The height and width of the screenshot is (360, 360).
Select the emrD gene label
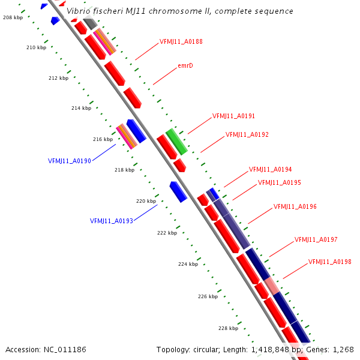[185, 65]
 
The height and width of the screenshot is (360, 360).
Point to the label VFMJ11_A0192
[247, 134]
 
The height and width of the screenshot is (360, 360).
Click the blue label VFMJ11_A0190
[70, 161]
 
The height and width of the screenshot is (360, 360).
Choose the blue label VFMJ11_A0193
[112, 221]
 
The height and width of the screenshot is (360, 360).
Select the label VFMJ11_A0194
[271, 169]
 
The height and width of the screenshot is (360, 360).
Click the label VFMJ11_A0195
[280, 182]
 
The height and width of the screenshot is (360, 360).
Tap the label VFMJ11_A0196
[295, 206]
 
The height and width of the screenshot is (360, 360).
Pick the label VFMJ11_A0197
[316, 239]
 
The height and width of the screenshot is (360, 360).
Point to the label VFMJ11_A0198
[330, 262]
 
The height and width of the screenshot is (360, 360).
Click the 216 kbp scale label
[103, 139]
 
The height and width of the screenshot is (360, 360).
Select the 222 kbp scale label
[167, 233]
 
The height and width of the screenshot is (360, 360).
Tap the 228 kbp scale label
[228, 328]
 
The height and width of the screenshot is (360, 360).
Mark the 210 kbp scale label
[36, 47]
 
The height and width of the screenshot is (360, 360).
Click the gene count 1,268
[343, 349]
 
